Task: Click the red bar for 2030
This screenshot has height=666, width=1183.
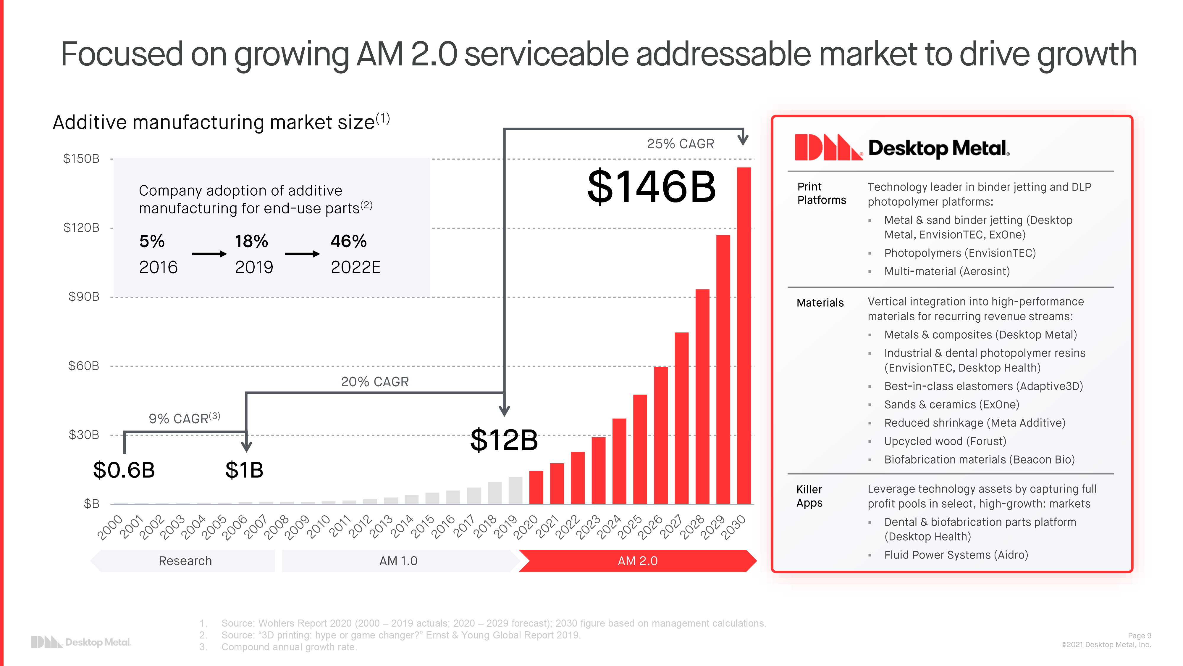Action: click(744, 336)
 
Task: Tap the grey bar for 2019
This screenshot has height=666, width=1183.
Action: click(515, 490)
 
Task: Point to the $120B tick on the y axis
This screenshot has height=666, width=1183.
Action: click(81, 228)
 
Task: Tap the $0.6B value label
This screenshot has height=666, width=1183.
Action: click(124, 470)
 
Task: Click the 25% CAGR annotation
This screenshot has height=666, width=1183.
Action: click(680, 144)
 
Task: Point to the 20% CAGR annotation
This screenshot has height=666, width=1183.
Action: click(374, 382)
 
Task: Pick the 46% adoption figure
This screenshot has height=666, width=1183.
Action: click(349, 241)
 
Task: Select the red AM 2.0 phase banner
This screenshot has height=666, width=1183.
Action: click(637, 561)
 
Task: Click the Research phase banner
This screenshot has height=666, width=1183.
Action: click(185, 561)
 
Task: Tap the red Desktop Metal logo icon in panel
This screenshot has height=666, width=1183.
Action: click(828, 147)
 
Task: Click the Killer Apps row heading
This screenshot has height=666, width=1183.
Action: click(809, 496)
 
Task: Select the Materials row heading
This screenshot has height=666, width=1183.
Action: click(820, 303)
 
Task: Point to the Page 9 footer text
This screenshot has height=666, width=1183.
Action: click(1139, 636)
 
